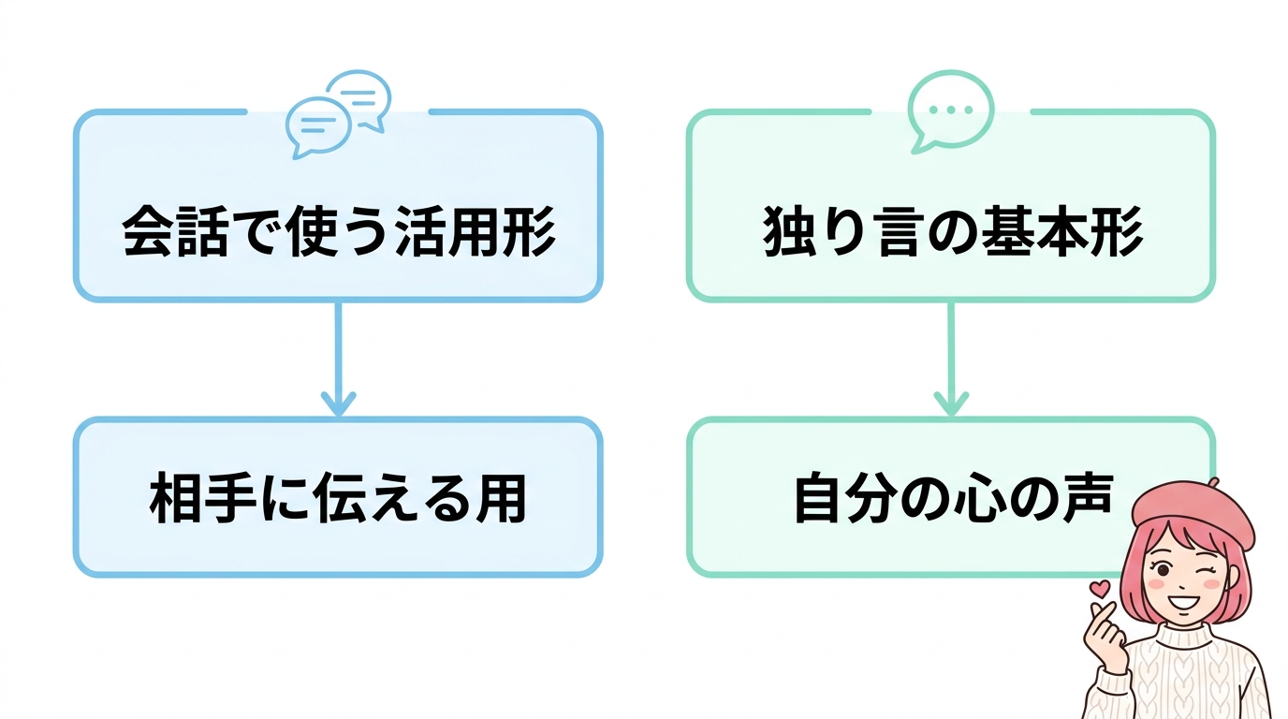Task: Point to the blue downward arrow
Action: (338, 360)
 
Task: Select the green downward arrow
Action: (951, 360)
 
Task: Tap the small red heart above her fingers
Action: (1101, 589)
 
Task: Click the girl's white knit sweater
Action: (1189, 674)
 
